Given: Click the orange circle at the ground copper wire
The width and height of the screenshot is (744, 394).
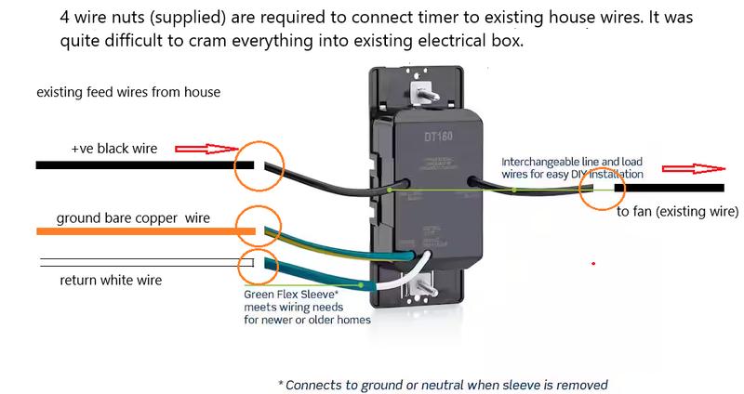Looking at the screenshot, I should [257, 223].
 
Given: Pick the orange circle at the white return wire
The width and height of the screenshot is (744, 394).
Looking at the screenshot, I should [259, 265].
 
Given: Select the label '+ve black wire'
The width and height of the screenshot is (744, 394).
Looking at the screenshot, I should [114, 148].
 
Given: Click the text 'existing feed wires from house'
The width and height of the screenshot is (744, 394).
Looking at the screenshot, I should [128, 93].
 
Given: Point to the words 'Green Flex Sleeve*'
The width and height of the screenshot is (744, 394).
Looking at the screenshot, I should [287, 293].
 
